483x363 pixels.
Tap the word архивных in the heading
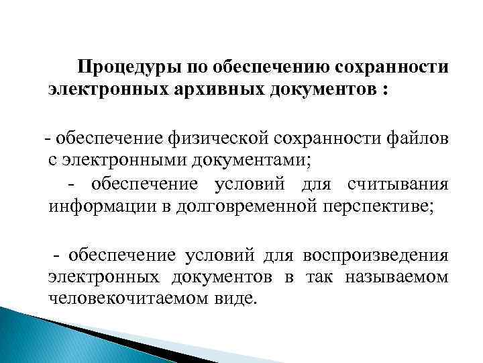click(213, 89)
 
